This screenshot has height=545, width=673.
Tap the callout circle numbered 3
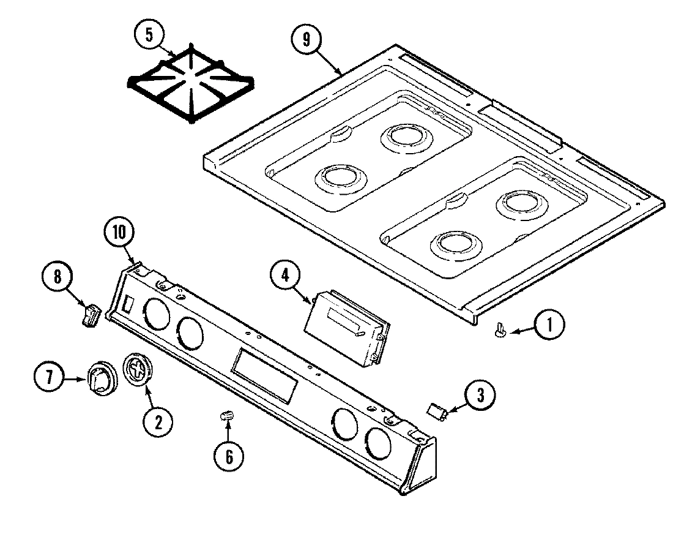pos(480,396)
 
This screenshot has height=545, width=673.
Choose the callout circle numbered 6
pos(228,456)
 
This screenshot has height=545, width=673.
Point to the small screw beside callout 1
pos(500,331)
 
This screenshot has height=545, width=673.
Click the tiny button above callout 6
pos(228,416)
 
